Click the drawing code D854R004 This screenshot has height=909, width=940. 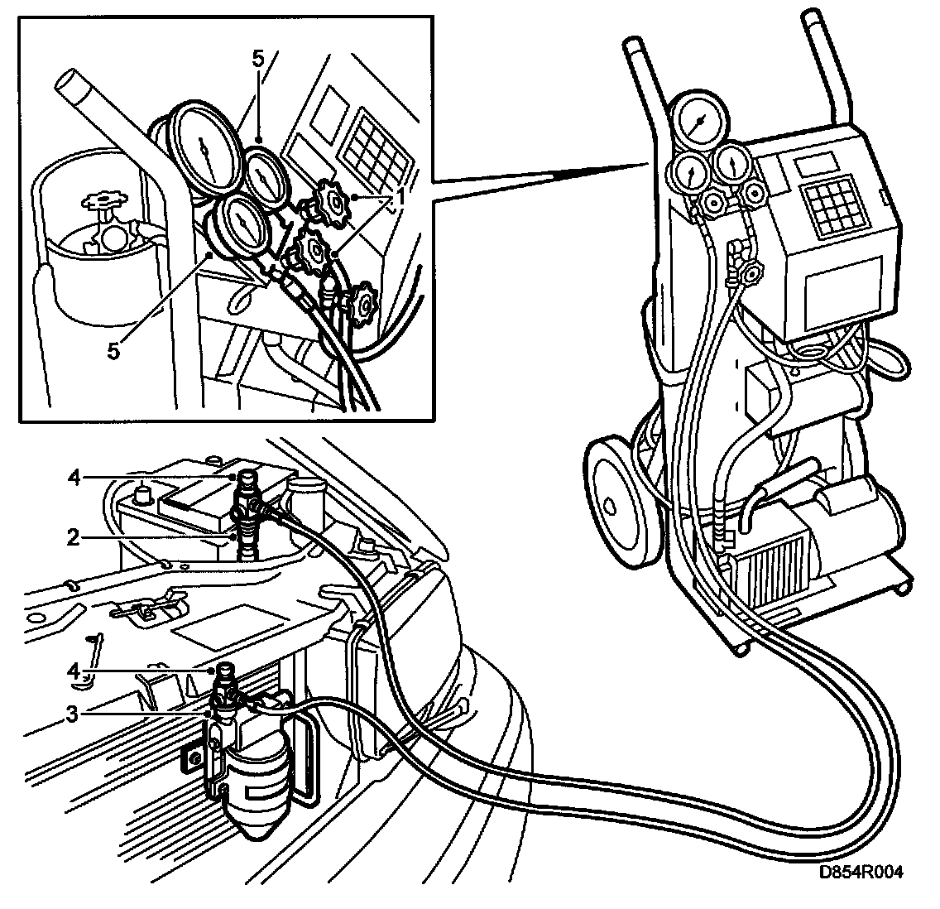(x=860, y=873)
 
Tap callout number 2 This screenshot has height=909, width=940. (x=73, y=537)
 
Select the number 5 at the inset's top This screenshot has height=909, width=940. (x=258, y=60)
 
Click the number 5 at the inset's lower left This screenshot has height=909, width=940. (x=113, y=350)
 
